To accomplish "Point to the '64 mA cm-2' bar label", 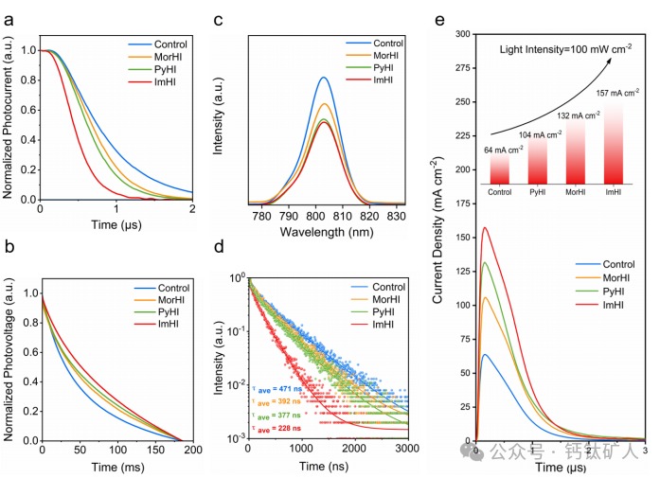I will tap(504, 150).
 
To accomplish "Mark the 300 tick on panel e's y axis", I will tap(462, 34).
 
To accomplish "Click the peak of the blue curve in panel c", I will tap(324, 78).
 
